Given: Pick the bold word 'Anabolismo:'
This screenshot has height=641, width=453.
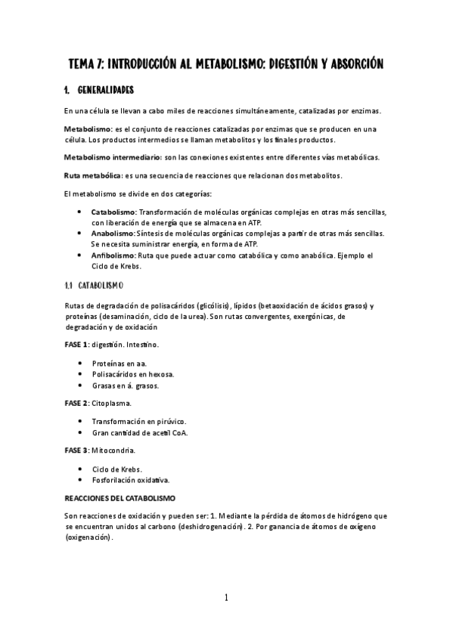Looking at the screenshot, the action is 113,234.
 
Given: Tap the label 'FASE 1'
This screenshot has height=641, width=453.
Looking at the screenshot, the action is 76,344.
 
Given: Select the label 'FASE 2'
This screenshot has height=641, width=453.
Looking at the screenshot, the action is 76,403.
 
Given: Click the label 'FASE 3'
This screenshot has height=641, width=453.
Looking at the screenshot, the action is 76,451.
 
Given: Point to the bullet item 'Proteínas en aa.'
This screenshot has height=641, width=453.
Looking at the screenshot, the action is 119,364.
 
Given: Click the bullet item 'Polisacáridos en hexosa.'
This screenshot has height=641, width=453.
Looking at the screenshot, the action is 133,374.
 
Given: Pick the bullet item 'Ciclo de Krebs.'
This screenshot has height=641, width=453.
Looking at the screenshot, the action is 117,469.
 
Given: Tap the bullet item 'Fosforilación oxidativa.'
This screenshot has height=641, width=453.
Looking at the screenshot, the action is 131,480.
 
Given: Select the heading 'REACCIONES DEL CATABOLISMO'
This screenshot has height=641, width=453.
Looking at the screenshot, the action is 120,500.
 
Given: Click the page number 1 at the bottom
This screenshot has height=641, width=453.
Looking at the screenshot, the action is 226,598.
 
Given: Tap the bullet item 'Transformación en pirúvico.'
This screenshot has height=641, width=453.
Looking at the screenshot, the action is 139,422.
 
